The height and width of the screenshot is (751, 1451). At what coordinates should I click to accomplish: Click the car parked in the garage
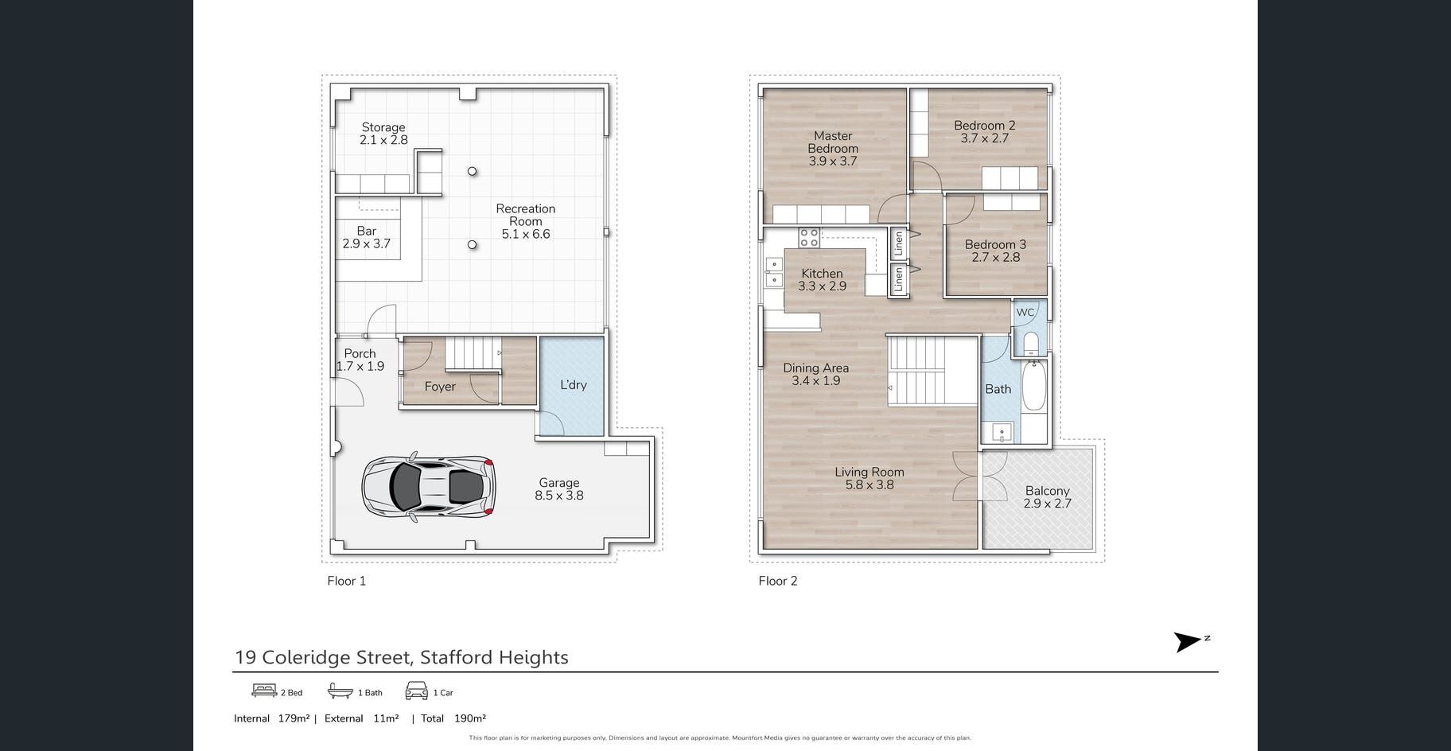coord(429,486)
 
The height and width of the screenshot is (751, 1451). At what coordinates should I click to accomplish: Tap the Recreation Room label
coord(525,221)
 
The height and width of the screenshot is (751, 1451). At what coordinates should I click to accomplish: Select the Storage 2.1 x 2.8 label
coord(383,134)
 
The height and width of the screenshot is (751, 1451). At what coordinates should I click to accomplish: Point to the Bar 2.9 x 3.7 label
coord(367,237)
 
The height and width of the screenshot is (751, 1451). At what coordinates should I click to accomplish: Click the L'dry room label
coord(573,385)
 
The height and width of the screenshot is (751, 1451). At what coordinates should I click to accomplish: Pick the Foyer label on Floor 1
coord(440,387)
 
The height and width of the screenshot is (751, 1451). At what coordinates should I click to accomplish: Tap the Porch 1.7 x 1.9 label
coord(360,360)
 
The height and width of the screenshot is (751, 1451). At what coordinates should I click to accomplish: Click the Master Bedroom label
coord(833,148)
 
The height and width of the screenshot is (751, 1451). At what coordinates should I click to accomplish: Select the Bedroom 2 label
coord(985,131)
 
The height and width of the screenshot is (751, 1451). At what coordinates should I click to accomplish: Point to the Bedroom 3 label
coord(995,251)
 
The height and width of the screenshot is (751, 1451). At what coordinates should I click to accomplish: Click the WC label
coord(1025,313)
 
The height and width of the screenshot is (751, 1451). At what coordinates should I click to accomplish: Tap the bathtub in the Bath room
coord(1033,386)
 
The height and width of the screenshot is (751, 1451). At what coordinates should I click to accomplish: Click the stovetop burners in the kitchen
coord(809,237)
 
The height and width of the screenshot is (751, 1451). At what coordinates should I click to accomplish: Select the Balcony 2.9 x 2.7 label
coord(1047,497)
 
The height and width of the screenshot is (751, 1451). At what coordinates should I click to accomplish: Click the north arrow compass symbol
coord(1191,642)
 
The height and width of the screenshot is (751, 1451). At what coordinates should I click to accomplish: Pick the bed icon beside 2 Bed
coord(264,691)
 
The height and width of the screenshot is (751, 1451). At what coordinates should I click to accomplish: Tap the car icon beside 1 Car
coord(417,691)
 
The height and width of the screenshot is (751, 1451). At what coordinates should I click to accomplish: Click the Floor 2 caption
coord(778,581)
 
